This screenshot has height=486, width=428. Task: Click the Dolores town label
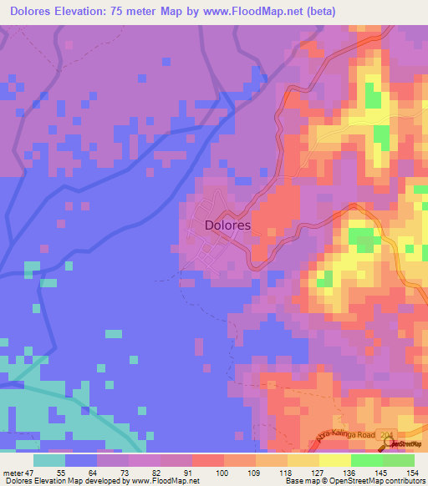(x=227, y=225)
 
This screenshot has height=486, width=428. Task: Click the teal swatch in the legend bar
(x=49, y=460)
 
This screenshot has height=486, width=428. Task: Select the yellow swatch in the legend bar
(x=334, y=460)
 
